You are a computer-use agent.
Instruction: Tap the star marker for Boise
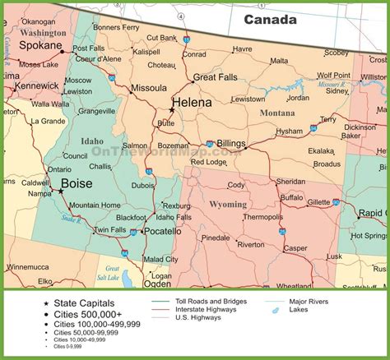click(61, 191)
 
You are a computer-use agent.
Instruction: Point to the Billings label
click(225, 144)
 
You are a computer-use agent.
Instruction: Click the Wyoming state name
click(228, 204)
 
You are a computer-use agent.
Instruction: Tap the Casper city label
click(294, 247)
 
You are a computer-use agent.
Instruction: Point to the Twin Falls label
click(109, 229)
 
